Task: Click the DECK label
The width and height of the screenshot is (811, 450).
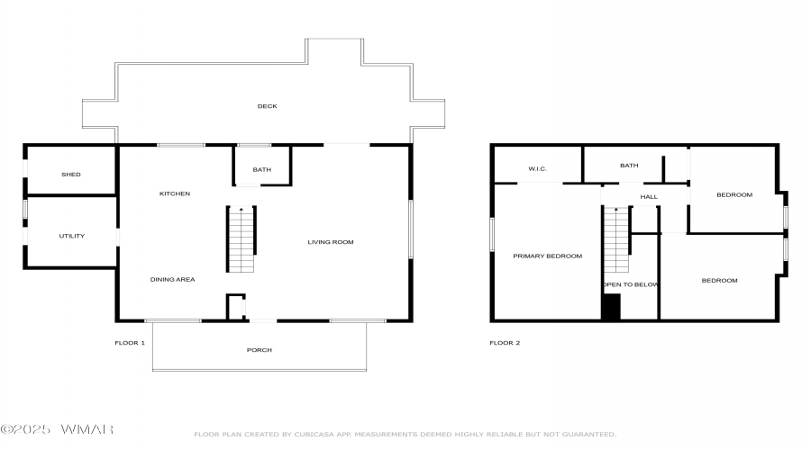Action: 268,106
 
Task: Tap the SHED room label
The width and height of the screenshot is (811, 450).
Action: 71,174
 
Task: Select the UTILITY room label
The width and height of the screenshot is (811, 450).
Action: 72,236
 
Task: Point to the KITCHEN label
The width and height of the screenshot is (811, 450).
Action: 175,193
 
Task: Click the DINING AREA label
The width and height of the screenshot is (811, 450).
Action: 173,279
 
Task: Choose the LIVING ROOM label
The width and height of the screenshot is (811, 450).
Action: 331,242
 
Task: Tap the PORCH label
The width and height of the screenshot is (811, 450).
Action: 260,350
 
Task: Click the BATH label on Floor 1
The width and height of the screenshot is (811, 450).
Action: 261,169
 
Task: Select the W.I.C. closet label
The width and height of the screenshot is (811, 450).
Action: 537,168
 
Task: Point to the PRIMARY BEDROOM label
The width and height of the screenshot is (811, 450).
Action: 548,256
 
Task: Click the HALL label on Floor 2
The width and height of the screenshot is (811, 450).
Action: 649,196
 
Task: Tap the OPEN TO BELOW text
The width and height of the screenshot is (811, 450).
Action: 631,284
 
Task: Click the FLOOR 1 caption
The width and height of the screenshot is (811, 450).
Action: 130,343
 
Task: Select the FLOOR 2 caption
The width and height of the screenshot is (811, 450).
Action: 505,343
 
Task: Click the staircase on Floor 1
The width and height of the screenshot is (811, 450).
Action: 241,239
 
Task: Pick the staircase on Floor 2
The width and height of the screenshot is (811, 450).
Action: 616,239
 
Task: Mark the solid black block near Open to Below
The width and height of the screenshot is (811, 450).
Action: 611,307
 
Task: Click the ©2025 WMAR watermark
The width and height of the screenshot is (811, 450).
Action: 57,429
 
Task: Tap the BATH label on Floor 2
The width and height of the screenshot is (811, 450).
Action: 629,166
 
